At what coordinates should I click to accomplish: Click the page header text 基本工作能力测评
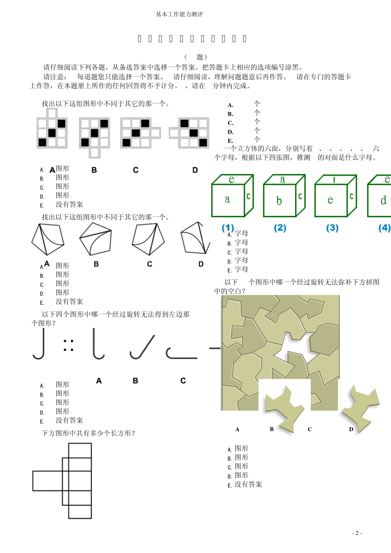pos(179,14)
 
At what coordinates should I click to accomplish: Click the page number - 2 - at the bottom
pos(357,533)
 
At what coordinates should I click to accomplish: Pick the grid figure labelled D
pos(189,132)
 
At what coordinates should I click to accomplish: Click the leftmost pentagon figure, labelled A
pos(48,239)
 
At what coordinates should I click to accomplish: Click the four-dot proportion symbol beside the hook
pos(69,345)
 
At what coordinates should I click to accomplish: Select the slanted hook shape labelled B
pos(142,347)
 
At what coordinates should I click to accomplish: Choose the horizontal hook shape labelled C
pos(181,353)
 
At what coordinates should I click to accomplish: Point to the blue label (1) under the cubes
pos(228,228)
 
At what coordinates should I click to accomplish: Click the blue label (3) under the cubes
pos(332,228)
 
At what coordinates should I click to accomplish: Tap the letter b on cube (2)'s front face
pos(279,201)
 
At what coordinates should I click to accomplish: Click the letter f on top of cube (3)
pos(334,180)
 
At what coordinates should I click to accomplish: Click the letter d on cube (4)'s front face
pos(383,200)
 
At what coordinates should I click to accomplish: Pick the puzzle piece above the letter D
pos(358,407)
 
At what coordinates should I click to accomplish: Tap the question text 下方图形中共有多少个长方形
pos(88,433)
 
